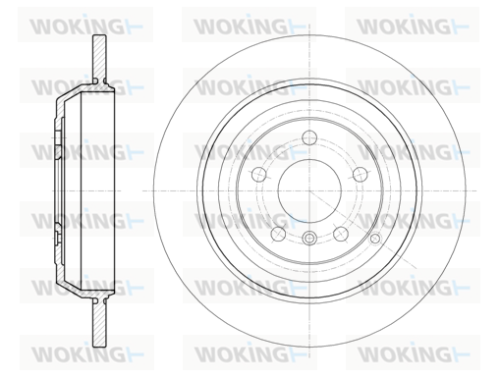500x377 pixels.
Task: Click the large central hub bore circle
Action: pos(309,159)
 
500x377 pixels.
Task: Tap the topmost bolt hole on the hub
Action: pos(309,137)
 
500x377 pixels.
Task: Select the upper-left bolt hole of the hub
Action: pos(258,174)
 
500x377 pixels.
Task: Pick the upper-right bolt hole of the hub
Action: pos(361,174)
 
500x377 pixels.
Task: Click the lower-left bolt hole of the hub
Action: pos(278,234)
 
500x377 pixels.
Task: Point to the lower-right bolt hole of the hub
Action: pos(341,234)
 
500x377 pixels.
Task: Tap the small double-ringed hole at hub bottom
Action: pos(309,238)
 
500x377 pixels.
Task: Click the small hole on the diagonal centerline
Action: pos(375,239)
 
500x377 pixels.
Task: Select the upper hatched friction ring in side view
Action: pos(99,56)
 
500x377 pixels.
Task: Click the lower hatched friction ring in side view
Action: pos(99,322)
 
